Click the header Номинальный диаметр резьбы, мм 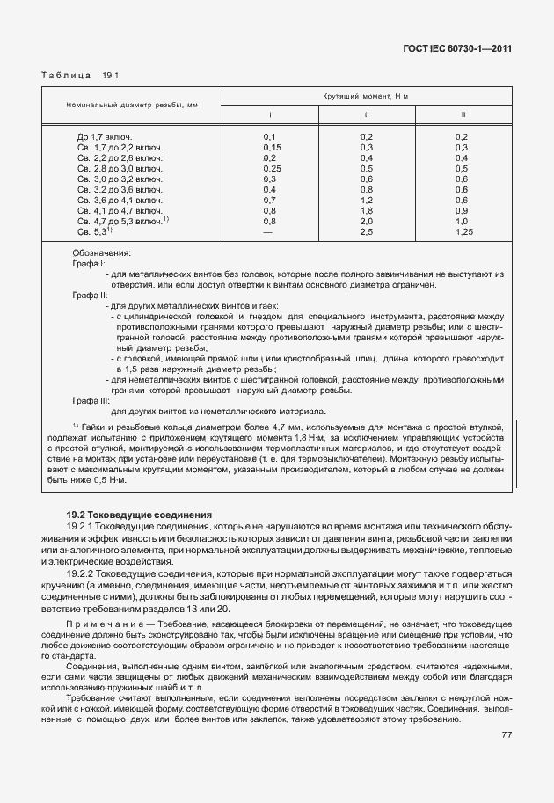[x=132, y=106]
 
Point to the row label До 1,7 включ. [x=105, y=136]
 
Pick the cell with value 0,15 [x=271, y=147]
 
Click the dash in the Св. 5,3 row [x=269, y=231]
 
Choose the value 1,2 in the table [x=367, y=200]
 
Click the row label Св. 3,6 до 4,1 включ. [x=119, y=200]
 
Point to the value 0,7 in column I [x=269, y=200]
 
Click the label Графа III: [x=90, y=400]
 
